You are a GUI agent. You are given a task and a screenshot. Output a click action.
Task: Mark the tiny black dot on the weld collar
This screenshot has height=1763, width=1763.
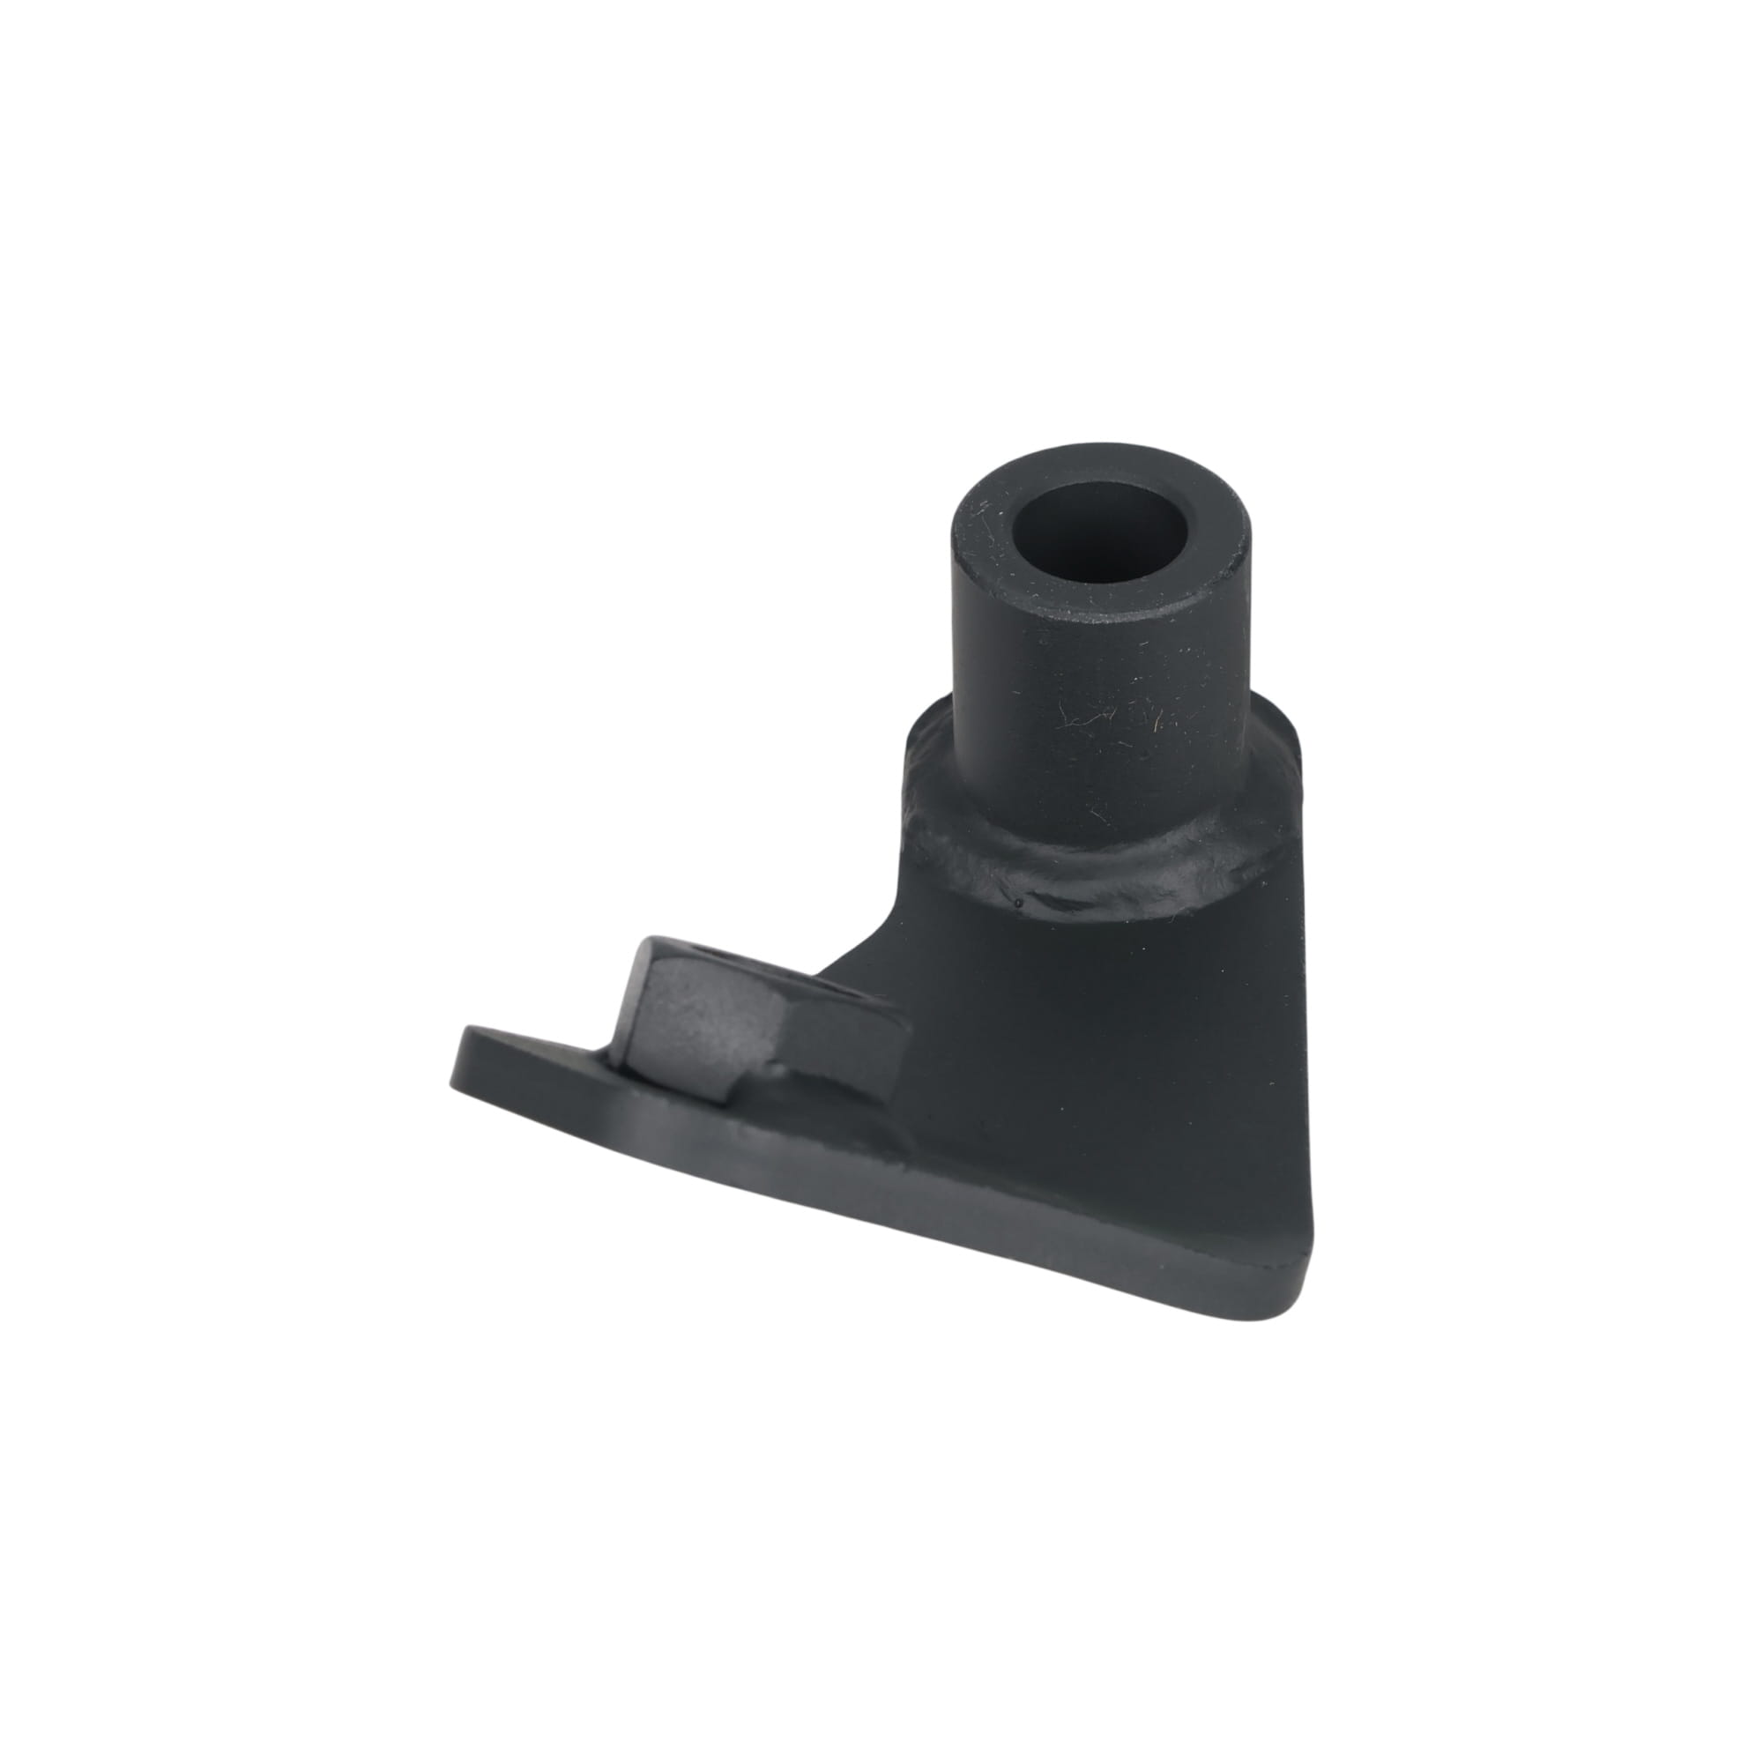tap(1017, 903)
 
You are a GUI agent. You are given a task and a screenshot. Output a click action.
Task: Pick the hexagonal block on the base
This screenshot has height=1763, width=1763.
tap(703, 1013)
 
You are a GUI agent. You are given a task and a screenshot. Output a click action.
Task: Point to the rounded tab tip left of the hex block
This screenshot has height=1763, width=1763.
tap(474, 1059)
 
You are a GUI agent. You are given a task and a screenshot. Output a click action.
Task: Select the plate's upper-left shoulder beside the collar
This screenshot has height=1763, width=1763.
tap(912, 748)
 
